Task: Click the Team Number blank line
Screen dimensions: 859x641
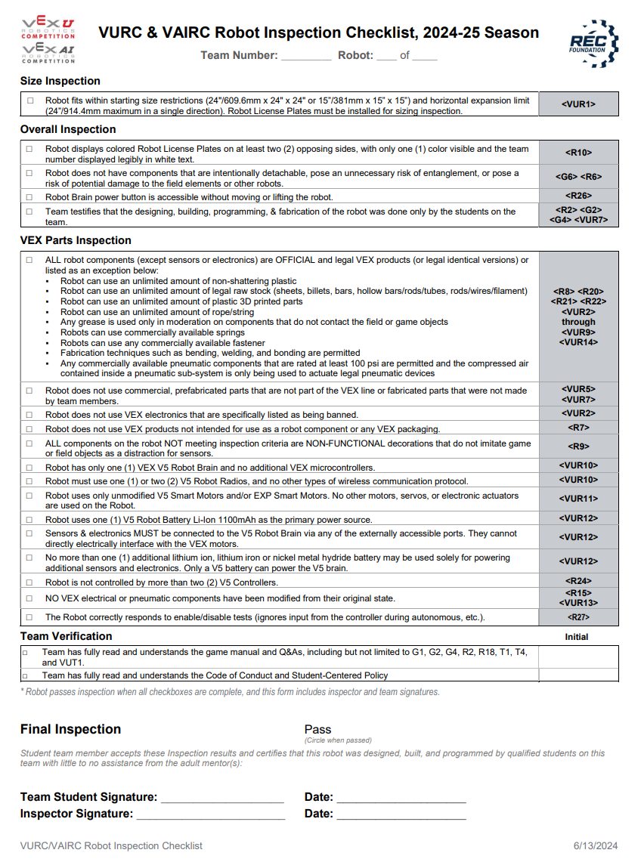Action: click(306, 56)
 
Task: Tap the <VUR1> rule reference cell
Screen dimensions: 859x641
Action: click(578, 104)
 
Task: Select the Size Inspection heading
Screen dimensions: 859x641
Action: click(60, 81)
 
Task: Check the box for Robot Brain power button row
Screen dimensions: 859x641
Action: click(29, 197)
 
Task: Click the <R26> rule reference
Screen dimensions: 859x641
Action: click(578, 196)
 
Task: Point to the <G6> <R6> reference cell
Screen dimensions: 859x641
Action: click(578, 178)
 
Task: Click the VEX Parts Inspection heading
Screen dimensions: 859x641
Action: click(76, 240)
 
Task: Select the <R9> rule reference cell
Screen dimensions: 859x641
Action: click(578, 446)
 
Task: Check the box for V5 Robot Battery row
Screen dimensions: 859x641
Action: click(29, 520)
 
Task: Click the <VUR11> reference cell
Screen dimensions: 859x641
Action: click(578, 499)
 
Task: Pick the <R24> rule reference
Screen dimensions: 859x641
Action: click(578, 582)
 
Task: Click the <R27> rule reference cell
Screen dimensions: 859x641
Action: click(578, 617)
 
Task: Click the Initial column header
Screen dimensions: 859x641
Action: click(576, 637)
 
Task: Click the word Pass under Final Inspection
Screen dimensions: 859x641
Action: click(317, 729)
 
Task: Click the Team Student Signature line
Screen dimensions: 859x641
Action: click(222, 798)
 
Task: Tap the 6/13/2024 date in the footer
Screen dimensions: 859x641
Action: click(596, 845)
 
